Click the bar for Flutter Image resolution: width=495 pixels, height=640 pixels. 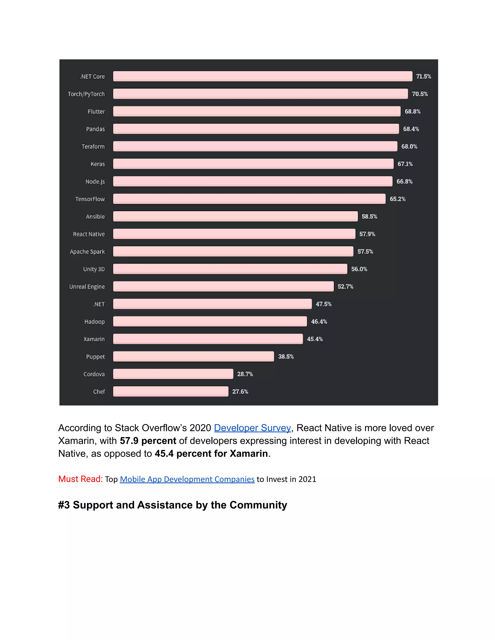point(257,111)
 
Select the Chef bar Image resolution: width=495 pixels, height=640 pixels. point(171,391)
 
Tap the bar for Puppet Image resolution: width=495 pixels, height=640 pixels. point(194,356)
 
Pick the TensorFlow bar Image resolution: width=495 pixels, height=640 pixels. point(249,199)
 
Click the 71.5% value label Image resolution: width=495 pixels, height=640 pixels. point(423,77)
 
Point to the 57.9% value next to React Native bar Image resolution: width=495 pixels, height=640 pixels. point(367,234)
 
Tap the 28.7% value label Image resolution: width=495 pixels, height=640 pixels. point(245,374)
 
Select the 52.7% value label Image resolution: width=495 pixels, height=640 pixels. point(345,286)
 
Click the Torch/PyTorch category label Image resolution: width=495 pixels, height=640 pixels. point(86,94)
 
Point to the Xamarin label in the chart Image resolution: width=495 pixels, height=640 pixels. point(94,339)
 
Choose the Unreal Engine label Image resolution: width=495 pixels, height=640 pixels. point(87,287)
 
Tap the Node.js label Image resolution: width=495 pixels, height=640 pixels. point(95,182)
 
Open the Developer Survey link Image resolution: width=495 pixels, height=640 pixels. point(252,428)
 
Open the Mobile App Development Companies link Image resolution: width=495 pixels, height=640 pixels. point(187,479)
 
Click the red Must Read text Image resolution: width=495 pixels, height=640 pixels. point(80,479)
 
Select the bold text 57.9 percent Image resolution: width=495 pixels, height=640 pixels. point(148,441)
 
